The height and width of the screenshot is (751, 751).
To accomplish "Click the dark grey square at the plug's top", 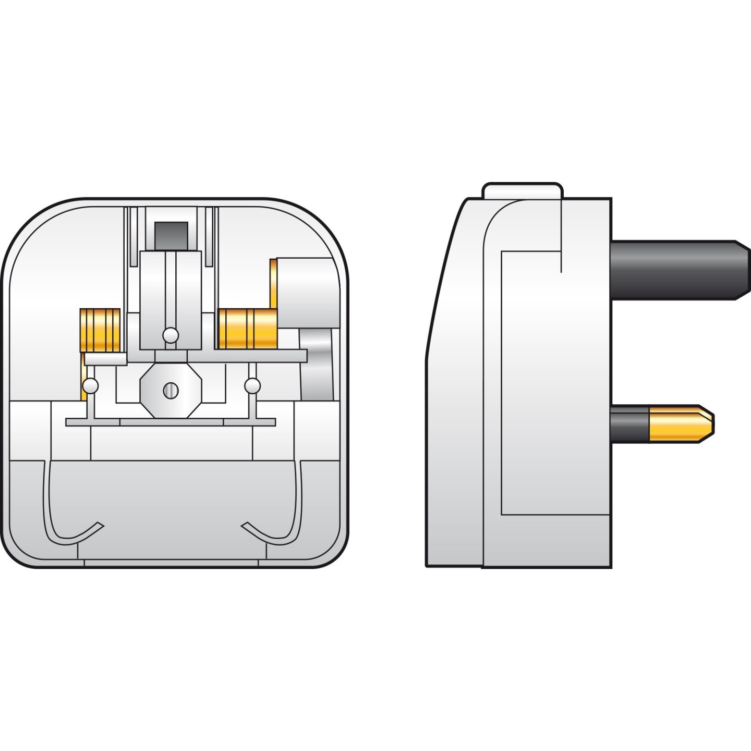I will click(x=172, y=236).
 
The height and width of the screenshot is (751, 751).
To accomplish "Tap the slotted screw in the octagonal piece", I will click(x=171, y=390).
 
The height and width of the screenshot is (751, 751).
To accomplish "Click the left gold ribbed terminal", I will click(x=100, y=330).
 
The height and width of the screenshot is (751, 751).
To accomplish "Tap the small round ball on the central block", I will click(x=171, y=335).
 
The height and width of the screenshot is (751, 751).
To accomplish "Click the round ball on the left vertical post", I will click(x=90, y=386).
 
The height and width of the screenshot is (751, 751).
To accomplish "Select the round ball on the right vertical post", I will click(x=252, y=386).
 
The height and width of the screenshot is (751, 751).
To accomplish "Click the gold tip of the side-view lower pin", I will click(x=681, y=423).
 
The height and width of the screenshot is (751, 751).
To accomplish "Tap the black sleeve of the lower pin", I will click(x=629, y=423).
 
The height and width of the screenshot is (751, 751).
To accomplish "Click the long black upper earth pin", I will click(x=678, y=270).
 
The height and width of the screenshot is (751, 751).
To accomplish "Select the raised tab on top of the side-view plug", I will click(x=522, y=190).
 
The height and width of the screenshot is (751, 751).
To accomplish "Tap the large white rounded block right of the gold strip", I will click(x=307, y=292).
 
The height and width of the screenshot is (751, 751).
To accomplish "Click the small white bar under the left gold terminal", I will click(x=105, y=359).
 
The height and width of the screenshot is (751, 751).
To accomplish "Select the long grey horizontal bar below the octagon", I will click(x=171, y=422).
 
